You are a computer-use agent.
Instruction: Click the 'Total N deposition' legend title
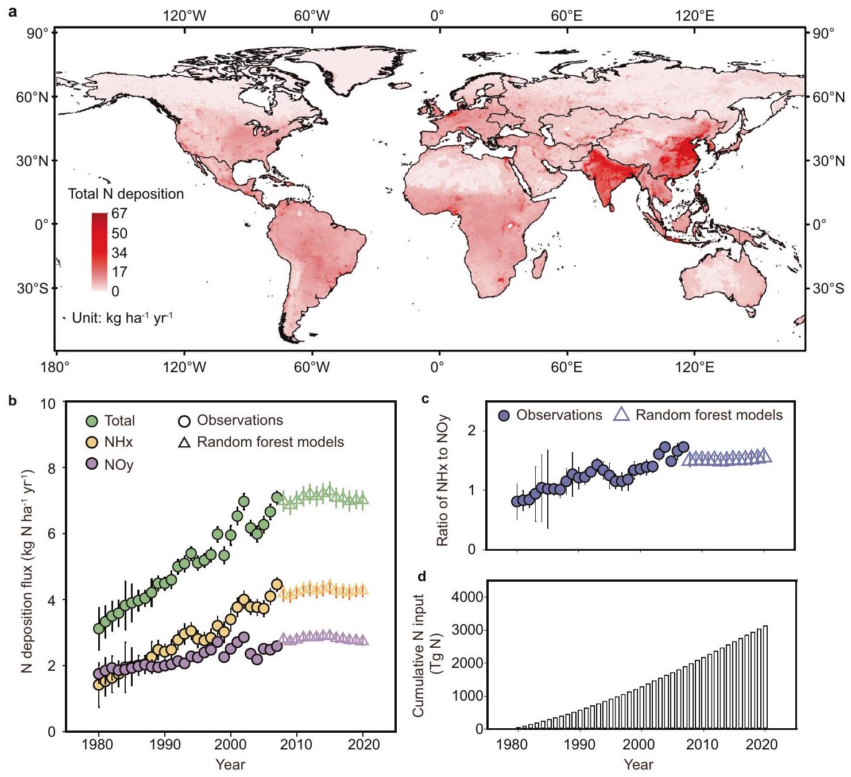pos(126,194)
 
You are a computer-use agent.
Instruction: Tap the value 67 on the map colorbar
pos(119,214)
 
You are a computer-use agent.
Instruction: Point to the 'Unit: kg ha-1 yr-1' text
pos(122,318)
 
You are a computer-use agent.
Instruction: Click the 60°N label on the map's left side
pos(32,97)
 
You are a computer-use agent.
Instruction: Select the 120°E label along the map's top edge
pos(694,16)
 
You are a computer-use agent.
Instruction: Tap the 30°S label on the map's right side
pos(828,288)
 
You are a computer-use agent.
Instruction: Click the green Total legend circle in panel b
pos(92,421)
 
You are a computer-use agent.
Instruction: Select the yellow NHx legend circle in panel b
pos(92,442)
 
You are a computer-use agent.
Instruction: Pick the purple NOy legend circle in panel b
pos(92,464)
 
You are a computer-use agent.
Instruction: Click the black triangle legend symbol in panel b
pos(184,442)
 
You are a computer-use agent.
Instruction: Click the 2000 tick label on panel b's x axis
pos(231,745)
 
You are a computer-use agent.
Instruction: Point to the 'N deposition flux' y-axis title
pos(26,571)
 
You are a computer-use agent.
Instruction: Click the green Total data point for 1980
pos(99,628)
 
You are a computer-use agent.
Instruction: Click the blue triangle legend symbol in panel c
pos(622,415)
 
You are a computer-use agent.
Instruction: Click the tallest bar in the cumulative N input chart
pos(765,677)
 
